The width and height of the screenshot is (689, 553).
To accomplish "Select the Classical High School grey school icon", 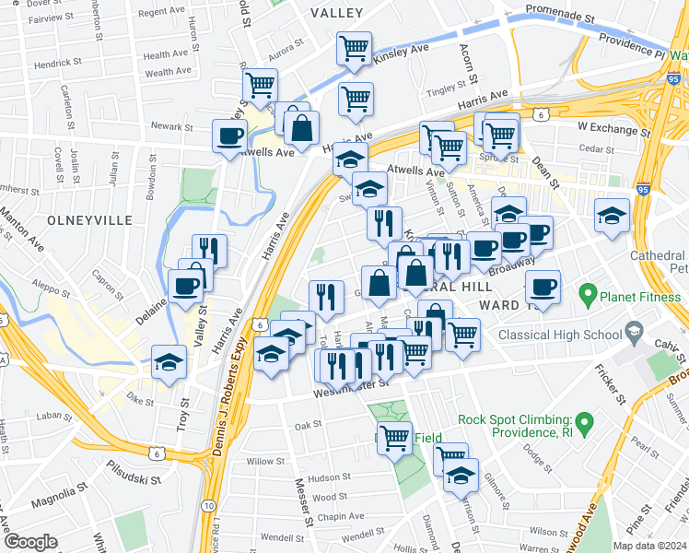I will [x=633, y=330].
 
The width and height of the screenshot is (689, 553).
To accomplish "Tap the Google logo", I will [x=29, y=542].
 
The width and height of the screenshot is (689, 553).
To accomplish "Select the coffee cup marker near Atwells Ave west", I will [x=229, y=137].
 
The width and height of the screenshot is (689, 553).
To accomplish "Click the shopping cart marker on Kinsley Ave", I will [x=354, y=50].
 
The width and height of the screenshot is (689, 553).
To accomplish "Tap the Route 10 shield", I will [x=211, y=506].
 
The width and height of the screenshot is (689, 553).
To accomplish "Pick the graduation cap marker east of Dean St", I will [x=612, y=217].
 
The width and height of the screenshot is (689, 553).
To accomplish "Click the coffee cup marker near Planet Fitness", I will [x=543, y=288].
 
